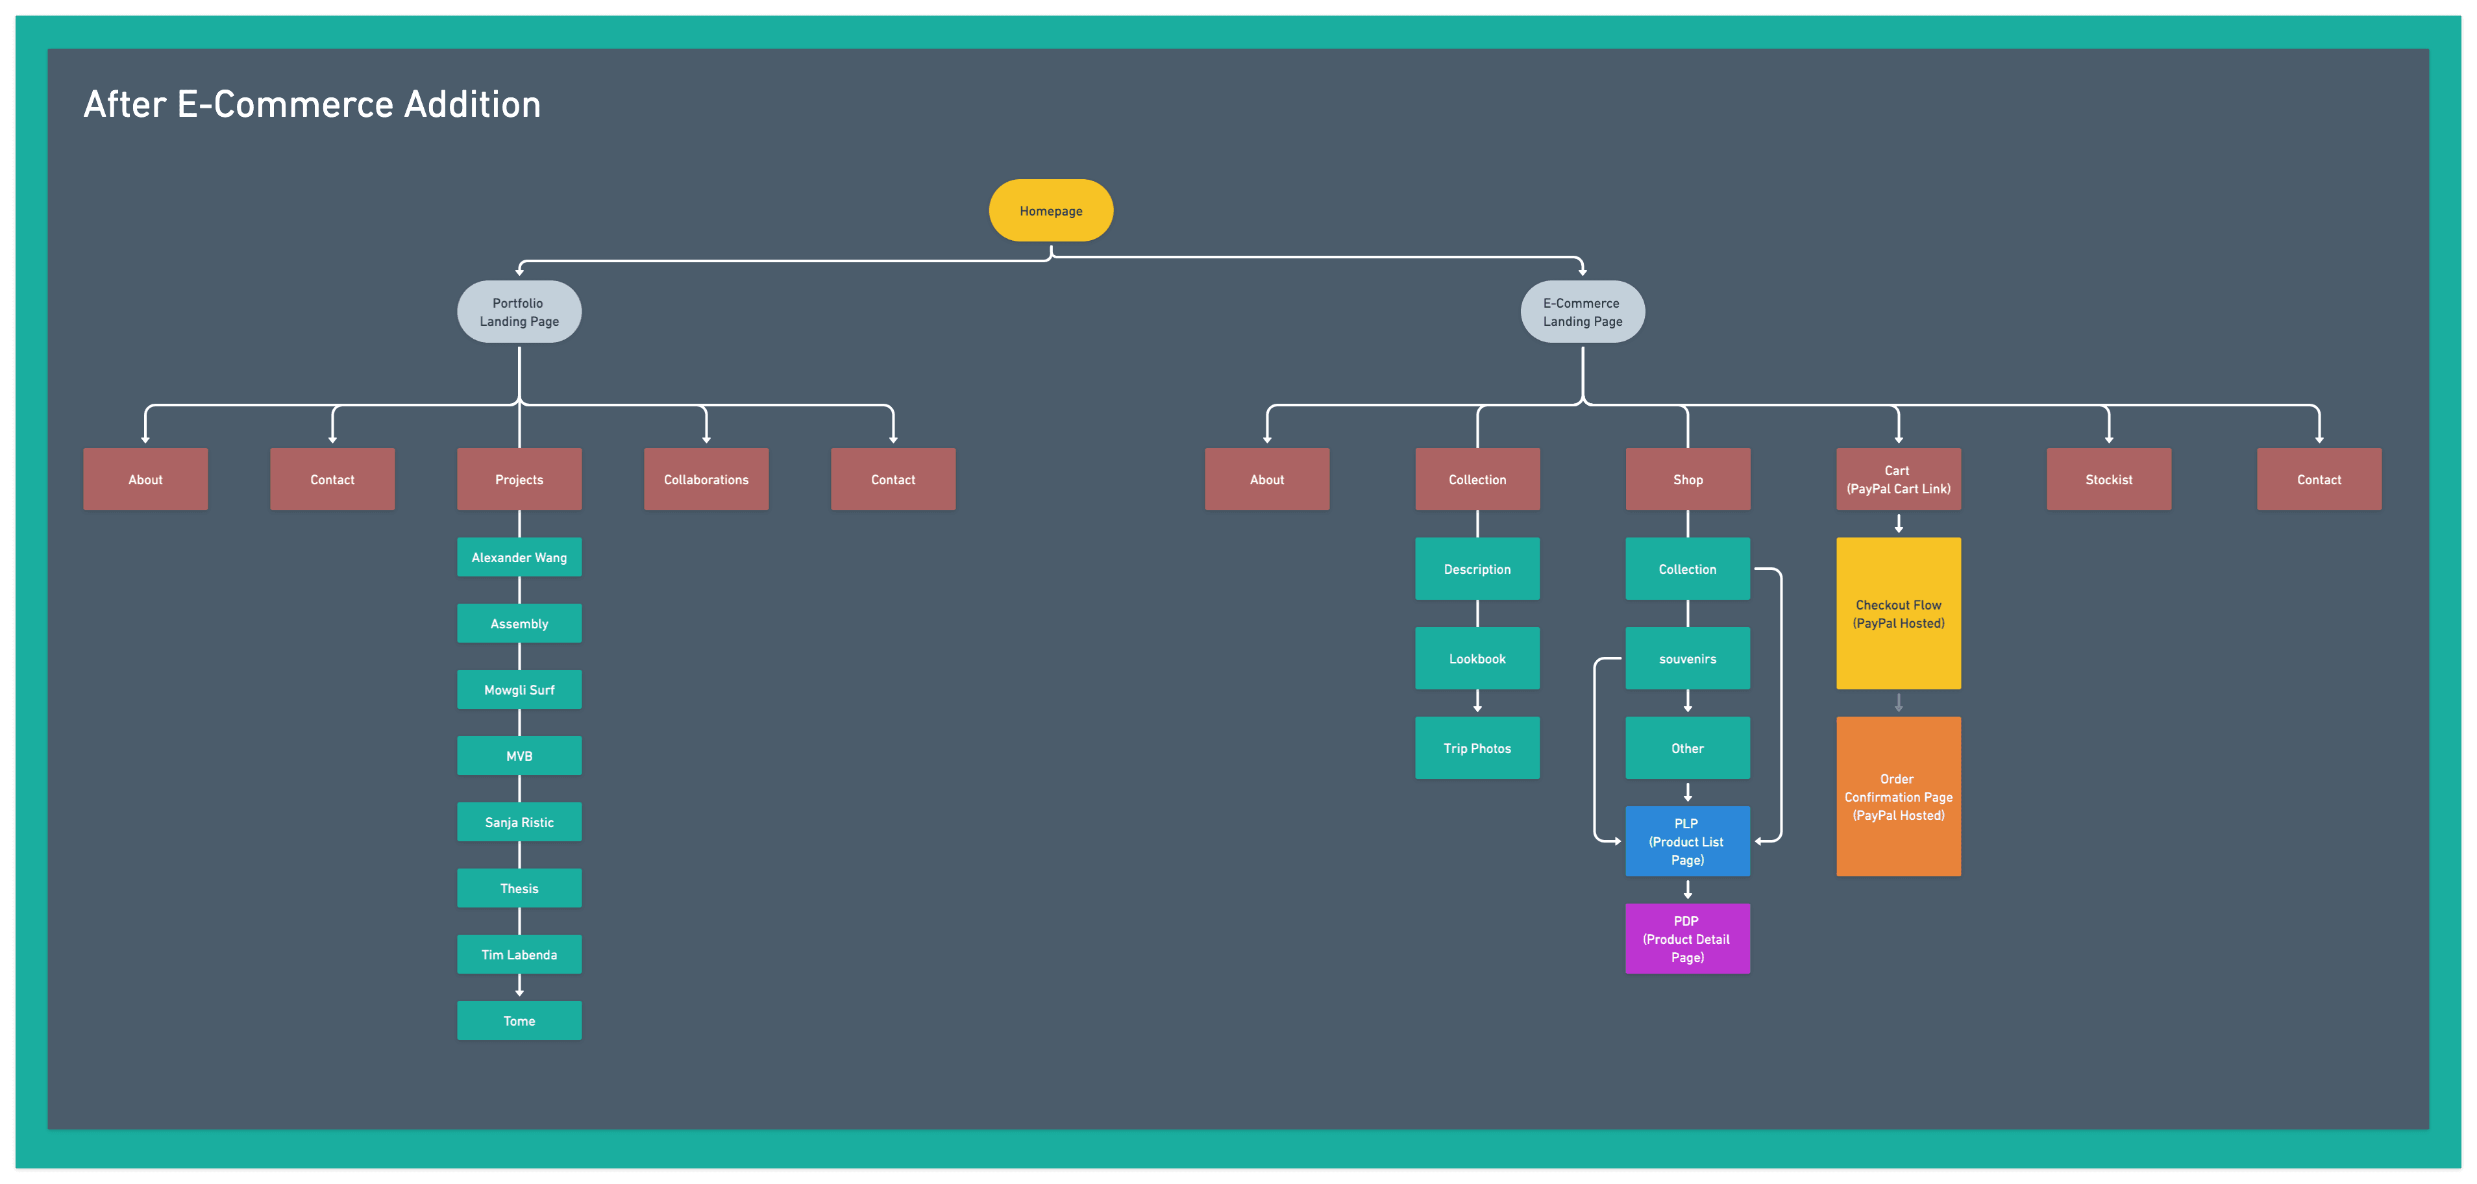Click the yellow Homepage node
click(x=1050, y=210)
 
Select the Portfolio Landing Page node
click(x=519, y=312)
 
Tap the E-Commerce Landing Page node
click(x=1582, y=312)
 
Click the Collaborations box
click(x=706, y=479)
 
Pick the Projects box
click(x=519, y=479)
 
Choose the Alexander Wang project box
click(x=519, y=557)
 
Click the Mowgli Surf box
click(x=519, y=689)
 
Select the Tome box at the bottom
click(x=519, y=1020)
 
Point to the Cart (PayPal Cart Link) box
click(x=1898, y=479)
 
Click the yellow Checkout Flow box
click(x=1898, y=613)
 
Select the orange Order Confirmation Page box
click(x=1898, y=796)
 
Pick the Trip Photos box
click(x=1477, y=748)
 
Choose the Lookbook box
click(x=1477, y=659)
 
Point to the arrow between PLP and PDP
click(x=1688, y=890)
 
